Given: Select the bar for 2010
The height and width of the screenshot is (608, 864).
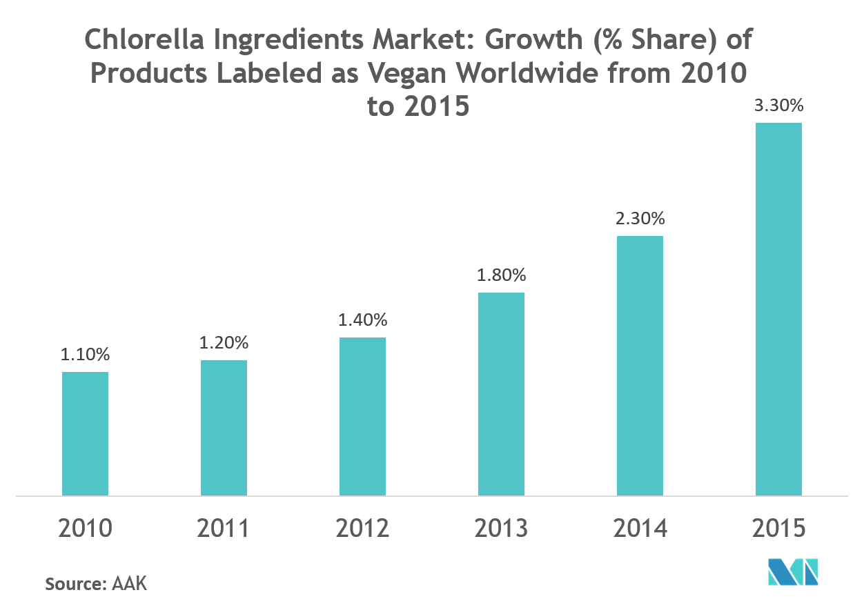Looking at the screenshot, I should [85, 433].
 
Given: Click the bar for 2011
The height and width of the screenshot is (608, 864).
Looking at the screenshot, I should [224, 428].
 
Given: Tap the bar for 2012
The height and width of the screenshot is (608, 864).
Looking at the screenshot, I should [362, 416].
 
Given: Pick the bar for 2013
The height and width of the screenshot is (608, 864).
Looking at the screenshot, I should [501, 394].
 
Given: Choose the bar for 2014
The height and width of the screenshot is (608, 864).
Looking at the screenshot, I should [640, 366].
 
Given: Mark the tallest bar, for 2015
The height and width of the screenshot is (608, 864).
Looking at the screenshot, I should [778, 309].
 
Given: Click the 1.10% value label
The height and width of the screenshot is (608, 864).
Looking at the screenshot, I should [85, 355].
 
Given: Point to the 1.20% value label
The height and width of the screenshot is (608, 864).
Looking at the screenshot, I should [224, 342].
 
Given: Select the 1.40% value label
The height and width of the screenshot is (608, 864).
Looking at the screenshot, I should [362, 320].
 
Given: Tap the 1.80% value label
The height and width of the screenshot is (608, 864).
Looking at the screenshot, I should [501, 275].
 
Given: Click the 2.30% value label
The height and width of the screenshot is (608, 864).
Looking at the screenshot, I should [640, 219].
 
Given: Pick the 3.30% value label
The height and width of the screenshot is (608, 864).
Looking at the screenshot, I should [778, 106].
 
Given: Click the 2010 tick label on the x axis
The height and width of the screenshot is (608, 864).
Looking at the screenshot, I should [85, 529].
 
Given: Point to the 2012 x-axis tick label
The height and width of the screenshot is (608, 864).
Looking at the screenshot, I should [362, 529].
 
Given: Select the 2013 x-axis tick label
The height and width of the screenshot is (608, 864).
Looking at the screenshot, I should [501, 529].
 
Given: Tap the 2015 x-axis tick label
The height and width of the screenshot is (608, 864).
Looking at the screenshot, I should [778, 529].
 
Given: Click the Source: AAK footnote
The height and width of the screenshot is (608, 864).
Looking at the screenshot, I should [96, 584].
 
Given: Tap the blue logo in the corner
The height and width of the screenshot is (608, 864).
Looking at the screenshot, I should [793, 572].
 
